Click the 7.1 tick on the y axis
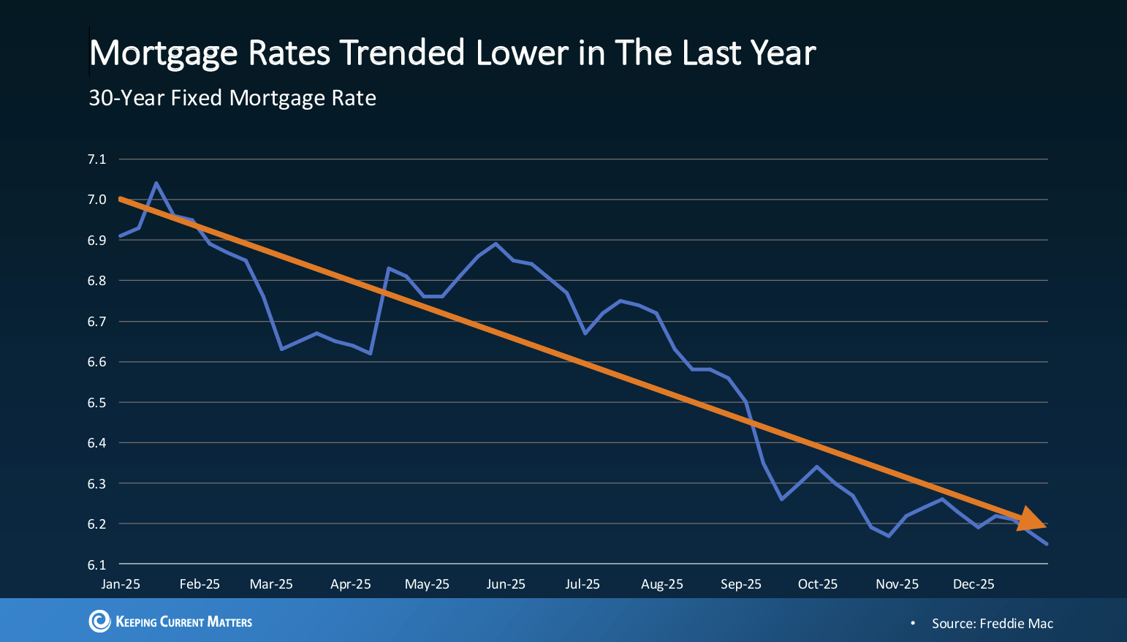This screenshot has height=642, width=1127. click(x=96, y=159)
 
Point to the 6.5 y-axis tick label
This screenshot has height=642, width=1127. click(x=96, y=402)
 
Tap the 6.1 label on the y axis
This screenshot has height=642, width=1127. click(x=96, y=564)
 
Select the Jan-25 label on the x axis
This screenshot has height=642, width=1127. click(x=121, y=584)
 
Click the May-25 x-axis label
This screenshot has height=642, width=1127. click(x=427, y=584)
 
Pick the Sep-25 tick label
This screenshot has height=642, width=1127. click(x=740, y=584)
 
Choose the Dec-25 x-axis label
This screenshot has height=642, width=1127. click(x=974, y=584)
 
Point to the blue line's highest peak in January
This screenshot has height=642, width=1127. click(x=156, y=183)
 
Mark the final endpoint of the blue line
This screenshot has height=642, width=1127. click(x=1047, y=543)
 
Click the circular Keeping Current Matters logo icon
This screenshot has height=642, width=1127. click(x=99, y=622)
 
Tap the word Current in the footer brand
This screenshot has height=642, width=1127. click(x=182, y=622)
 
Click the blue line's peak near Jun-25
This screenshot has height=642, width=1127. click(x=496, y=243)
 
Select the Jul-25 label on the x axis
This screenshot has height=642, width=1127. click(x=583, y=584)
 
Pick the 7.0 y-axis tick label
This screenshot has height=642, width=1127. click(x=96, y=200)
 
